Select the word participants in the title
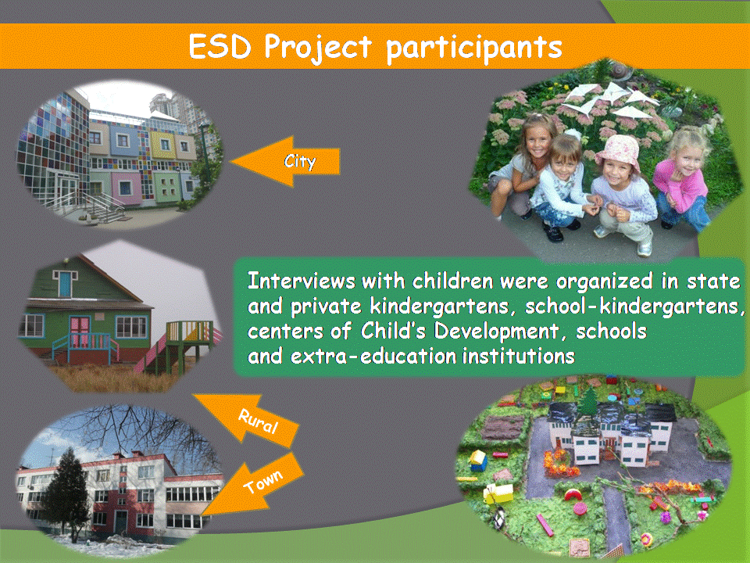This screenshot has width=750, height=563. [474, 48]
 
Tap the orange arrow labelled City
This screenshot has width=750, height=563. [286, 161]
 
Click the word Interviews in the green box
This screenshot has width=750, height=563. [302, 281]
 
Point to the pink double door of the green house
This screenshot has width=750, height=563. [80, 332]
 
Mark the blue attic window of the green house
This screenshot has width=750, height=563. [65, 283]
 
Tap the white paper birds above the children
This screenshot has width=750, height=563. [608, 99]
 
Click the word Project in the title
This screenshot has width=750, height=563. [318, 48]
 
